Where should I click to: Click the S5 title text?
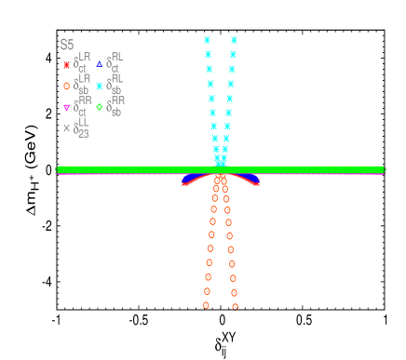click(66, 45)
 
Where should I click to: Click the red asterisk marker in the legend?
click(66, 65)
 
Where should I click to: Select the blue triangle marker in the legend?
click(100, 64)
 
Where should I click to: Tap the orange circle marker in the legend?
click(66, 86)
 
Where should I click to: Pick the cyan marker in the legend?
click(100, 86)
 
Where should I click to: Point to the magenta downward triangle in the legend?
click(66, 107)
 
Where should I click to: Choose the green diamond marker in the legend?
click(100, 107)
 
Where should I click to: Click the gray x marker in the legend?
click(66, 128)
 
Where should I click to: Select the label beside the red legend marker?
click(82, 63)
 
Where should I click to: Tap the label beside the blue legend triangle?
click(115, 63)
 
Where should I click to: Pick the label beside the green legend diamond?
click(115, 106)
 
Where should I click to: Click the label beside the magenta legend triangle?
click(82, 106)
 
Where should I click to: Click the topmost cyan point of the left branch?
click(207, 40)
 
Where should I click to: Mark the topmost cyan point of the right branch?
click(234, 40)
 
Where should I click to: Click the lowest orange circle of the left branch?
click(206, 305)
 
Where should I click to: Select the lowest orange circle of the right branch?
click(235, 306)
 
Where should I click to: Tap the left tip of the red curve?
click(183, 184)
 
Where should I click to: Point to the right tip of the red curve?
click(257, 183)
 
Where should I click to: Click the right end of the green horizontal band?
click(382, 169)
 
